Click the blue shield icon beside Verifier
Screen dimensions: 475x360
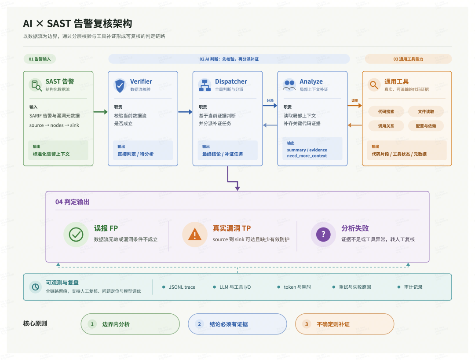coord(120,86)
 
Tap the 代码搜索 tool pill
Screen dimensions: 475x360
coord(386,111)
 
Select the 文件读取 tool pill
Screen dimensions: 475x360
coord(426,111)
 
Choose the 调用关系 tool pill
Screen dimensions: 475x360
coord(386,126)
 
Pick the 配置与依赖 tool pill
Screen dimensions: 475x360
coord(426,126)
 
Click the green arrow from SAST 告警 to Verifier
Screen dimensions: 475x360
coord(101,112)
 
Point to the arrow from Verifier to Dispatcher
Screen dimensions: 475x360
coord(186,112)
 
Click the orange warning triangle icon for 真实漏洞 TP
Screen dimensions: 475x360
coord(195,235)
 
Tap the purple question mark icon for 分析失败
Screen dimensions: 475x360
coord(323,235)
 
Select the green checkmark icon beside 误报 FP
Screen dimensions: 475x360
coord(76,235)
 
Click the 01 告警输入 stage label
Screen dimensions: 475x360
coord(40,59)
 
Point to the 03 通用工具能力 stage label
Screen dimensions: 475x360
coord(408,59)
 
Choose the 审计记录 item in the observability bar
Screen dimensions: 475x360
coord(410,287)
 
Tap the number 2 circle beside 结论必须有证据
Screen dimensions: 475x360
coord(199,324)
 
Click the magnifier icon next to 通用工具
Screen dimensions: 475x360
coord(374,85)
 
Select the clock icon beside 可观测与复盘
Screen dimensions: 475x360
coord(36,287)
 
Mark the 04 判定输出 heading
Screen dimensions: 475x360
coord(73,202)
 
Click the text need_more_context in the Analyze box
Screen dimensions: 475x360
coord(307,156)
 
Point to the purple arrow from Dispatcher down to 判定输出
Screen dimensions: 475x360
coord(232,181)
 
